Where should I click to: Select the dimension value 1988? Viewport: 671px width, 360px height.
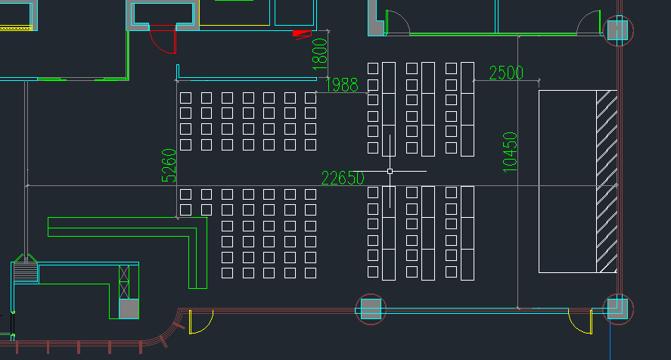tap(341, 85)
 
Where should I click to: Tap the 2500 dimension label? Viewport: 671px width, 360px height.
tap(506, 73)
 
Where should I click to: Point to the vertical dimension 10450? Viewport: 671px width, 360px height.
tap(510, 152)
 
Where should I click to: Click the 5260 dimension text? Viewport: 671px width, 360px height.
tap(169, 165)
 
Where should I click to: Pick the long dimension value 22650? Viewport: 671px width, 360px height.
tap(343, 178)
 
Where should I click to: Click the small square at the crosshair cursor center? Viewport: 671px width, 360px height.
tap(390, 171)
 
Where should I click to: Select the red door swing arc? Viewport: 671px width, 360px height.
tap(160, 42)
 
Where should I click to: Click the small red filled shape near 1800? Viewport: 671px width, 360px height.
tap(301, 34)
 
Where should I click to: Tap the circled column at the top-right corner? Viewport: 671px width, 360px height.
tap(618, 30)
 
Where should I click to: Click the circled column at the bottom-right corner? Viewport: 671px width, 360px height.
tap(618, 309)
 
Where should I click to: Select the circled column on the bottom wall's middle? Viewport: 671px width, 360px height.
tap(371, 309)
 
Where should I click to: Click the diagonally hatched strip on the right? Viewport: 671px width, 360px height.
tap(607, 182)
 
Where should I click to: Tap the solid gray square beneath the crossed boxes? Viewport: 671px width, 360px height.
tap(129, 309)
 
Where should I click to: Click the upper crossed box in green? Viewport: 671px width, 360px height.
tap(124, 274)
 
